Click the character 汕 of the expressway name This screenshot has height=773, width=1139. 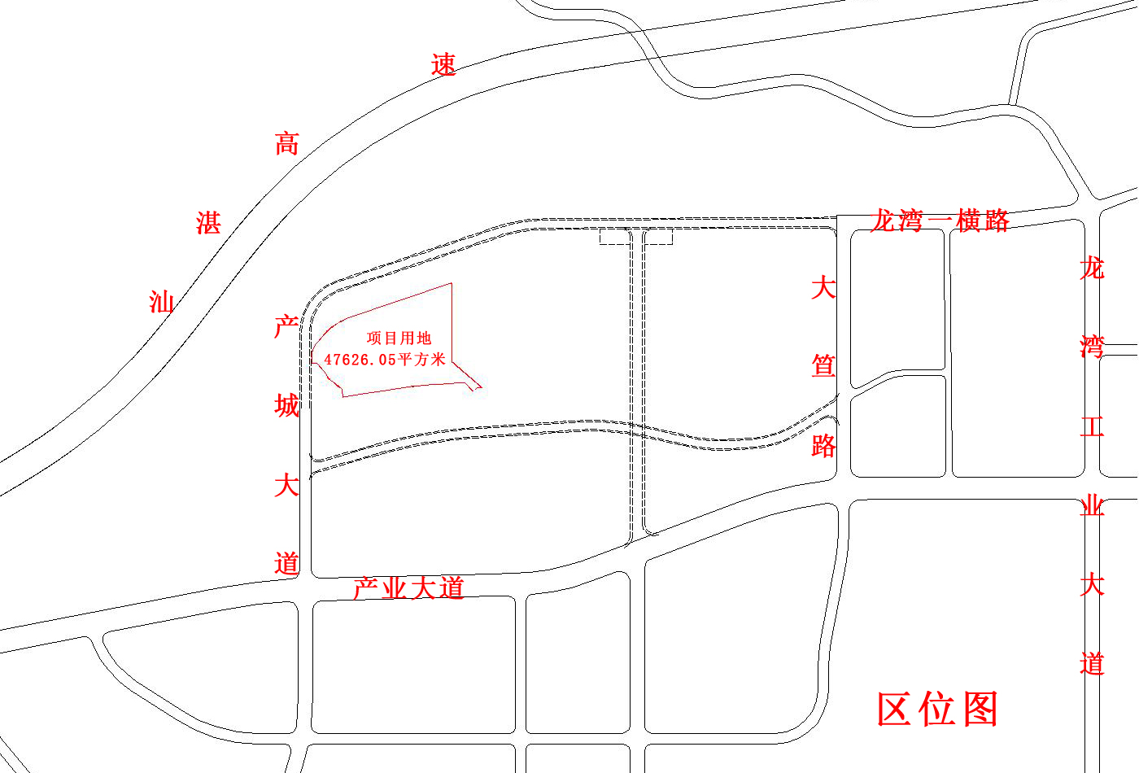(161, 302)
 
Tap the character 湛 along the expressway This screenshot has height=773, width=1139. (208, 222)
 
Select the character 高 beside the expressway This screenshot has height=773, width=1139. (286, 144)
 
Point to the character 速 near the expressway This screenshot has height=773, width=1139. (443, 65)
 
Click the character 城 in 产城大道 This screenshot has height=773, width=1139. (286, 405)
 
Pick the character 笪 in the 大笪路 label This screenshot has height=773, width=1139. (823, 366)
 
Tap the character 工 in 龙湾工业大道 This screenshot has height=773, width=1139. (1092, 426)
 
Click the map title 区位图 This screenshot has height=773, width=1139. (937, 710)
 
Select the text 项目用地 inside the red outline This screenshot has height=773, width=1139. (399, 338)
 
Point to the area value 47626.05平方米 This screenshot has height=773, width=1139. (385, 359)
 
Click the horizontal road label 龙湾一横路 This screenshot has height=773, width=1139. (940, 221)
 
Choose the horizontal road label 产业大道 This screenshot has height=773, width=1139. (408, 587)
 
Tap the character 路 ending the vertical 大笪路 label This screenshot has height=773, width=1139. (823, 445)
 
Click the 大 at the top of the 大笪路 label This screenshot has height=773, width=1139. (823, 287)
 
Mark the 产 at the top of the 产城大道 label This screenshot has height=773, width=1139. (286, 327)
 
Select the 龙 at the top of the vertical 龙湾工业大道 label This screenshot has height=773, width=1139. (1092, 268)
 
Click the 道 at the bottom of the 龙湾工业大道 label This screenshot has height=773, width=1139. (1092, 663)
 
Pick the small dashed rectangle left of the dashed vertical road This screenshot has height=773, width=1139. (614, 237)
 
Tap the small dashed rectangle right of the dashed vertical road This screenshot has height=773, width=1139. (659, 237)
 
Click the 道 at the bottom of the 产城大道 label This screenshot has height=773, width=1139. (286, 563)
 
